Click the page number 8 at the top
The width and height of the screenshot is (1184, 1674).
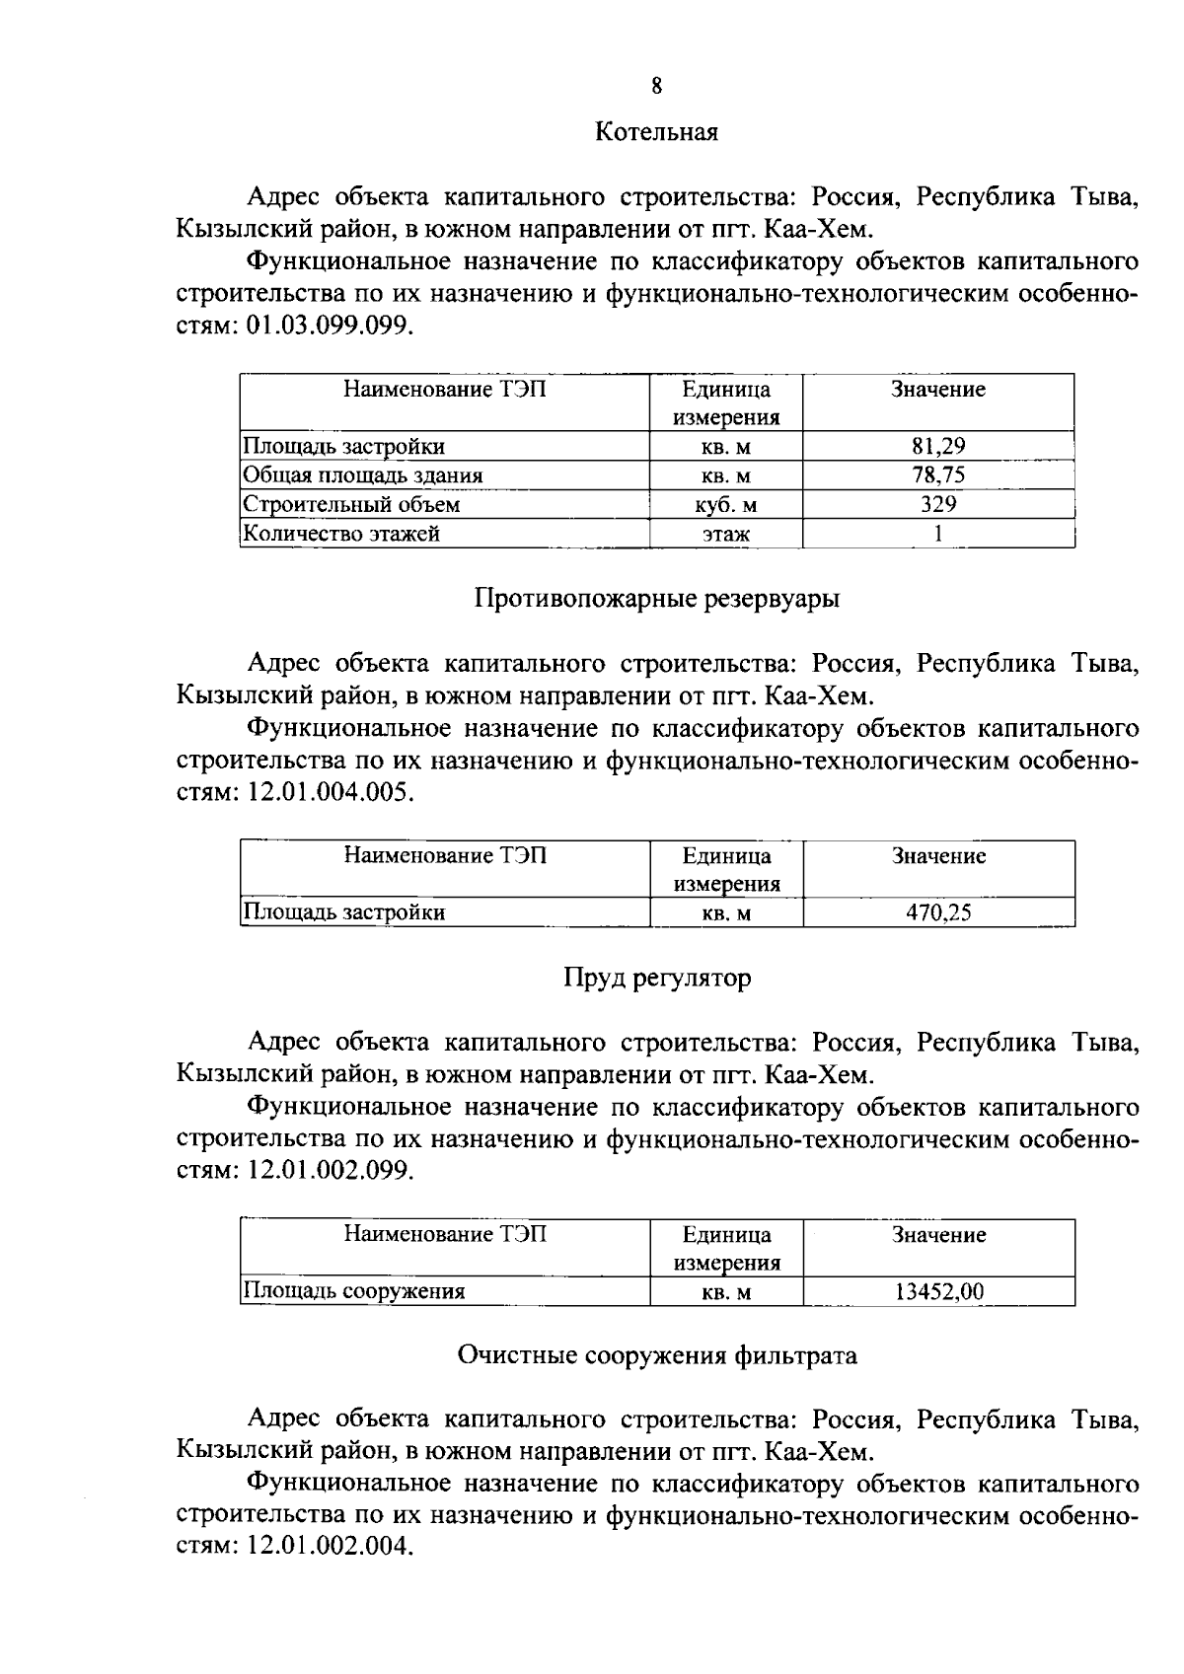(656, 87)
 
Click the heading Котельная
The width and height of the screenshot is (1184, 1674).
(656, 132)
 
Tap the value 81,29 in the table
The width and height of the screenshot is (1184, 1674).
(937, 446)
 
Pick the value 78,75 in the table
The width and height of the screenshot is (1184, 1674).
(937, 475)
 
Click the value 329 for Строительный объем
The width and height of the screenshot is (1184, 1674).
(937, 505)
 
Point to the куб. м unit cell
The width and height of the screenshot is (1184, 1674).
(726, 506)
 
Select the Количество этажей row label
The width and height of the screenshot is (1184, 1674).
(341, 534)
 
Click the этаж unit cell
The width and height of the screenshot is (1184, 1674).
(726, 535)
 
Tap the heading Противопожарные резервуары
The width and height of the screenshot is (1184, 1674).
(657, 599)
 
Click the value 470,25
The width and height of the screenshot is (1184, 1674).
(938, 912)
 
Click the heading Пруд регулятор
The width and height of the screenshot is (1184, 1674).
(657, 978)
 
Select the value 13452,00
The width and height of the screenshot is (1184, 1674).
(938, 1291)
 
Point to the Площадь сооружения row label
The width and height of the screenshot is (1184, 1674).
(354, 1291)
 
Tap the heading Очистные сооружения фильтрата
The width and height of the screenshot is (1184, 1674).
(657, 1355)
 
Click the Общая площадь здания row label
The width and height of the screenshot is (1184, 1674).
(363, 475)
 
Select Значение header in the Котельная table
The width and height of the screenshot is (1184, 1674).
(938, 390)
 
